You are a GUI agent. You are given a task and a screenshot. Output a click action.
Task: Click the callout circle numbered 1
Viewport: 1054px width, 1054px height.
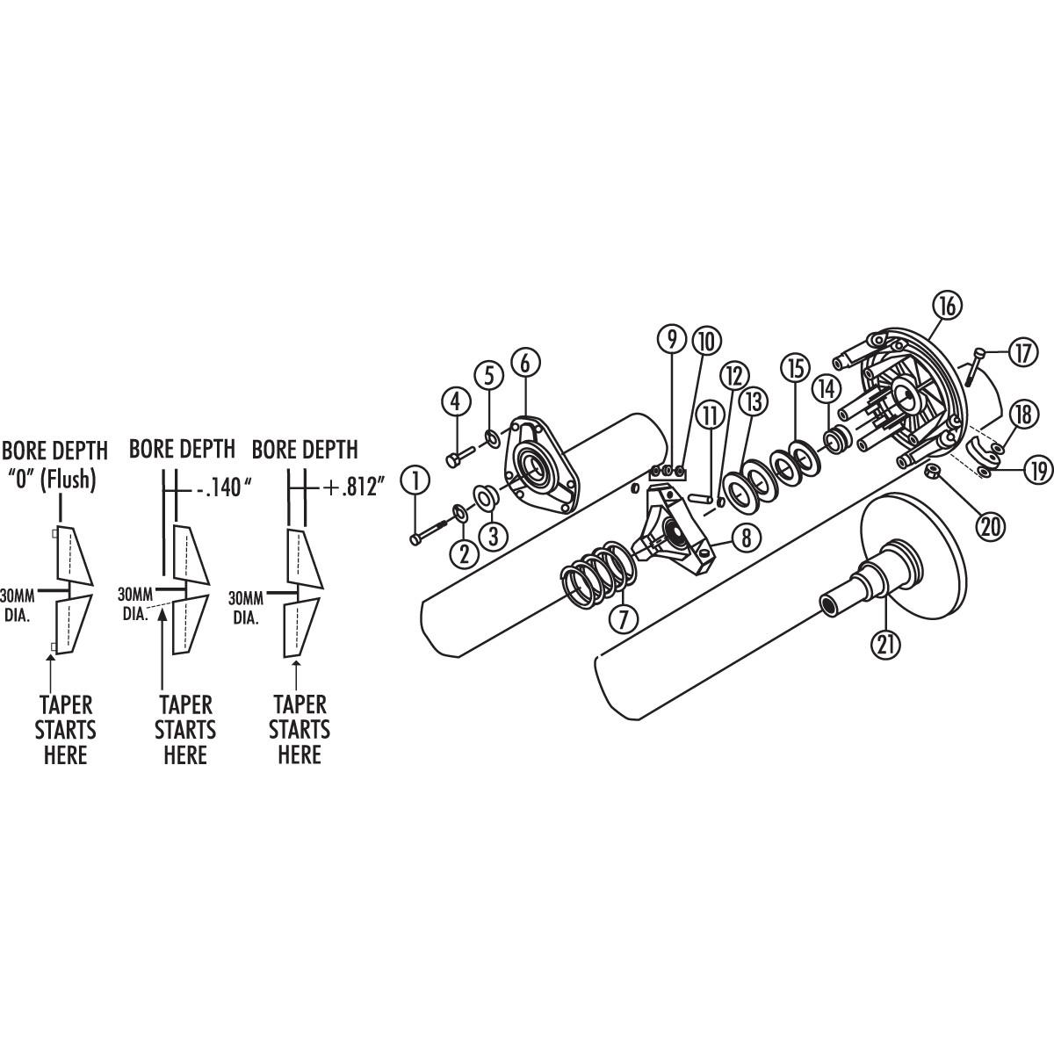coord(416,480)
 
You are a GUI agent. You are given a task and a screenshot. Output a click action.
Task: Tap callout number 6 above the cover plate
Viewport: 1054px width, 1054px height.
coord(524,362)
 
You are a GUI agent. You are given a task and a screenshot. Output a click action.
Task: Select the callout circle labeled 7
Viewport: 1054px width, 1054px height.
coord(622,618)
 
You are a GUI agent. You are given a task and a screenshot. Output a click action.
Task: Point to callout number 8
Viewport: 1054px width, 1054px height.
coord(745,538)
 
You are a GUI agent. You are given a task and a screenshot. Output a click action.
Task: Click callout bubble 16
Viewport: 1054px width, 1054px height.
coord(947,307)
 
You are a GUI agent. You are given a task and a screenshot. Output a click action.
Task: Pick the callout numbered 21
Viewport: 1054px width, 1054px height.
coord(885,643)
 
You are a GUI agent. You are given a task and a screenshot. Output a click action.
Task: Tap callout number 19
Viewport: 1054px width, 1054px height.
coord(1038,470)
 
